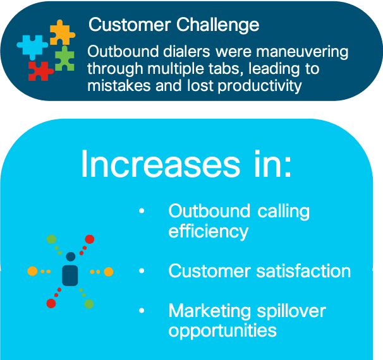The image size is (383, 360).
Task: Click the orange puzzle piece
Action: pyautogui.click(x=61, y=33)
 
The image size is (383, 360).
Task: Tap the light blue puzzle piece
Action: pyautogui.click(x=32, y=46)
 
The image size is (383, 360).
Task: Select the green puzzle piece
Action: pyautogui.click(x=64, y=59)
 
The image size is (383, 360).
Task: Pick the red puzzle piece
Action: pyautogui.click(x=39, y=71)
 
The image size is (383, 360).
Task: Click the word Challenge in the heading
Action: pyautogui.click(x=217, y=26)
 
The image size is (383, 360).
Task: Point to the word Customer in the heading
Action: pyautogui.click(x=130, y=25)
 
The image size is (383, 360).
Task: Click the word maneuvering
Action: pyautogui.click(x=302, y=52)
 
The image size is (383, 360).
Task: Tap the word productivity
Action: pyautogui.click(x=260, y=87)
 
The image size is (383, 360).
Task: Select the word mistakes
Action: pyautogui.click(x=119, y=86)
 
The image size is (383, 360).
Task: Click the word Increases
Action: pyautogui.click(x=161, y=164)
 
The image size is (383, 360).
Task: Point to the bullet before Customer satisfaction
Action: pyautogui.click(x=142, y=271)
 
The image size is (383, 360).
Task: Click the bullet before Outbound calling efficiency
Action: pyautogui.click(x=142, y=210)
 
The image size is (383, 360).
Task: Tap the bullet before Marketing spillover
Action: pyautogui.click(x=142, y=311)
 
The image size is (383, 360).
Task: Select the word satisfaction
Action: pyautogui.click(x=303, y=271)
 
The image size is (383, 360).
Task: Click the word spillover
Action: pyautogui.click(x=291, y=311)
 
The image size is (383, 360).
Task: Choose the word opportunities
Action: pyautogui.click(x=222, y=331)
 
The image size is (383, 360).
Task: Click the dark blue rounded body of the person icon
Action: pyautogui.click(x=70, y=275)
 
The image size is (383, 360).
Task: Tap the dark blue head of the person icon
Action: pyautogui.click(x=71, y=256)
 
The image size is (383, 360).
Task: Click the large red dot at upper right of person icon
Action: pyautogui.click(x=90, y=239)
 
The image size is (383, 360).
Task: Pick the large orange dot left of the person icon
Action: pyautogui.click(x=32, y=271)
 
